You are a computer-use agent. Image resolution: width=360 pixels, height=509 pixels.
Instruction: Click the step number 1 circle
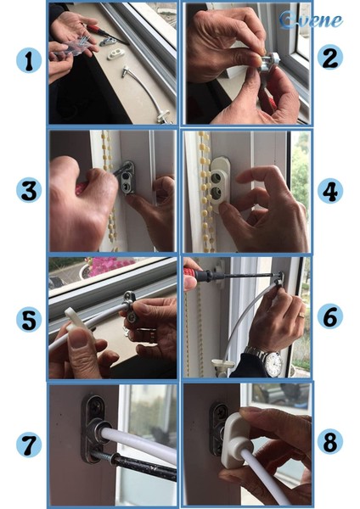tap(29, 61)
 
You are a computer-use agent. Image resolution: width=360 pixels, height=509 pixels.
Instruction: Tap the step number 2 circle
tap(330, 59)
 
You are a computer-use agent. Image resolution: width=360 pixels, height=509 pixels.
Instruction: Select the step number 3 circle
tap(29, 189)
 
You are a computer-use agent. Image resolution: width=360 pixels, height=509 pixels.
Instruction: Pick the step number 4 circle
tap(330, 189)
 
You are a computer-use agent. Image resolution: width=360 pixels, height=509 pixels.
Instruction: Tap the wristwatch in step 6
tap(271, 362)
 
